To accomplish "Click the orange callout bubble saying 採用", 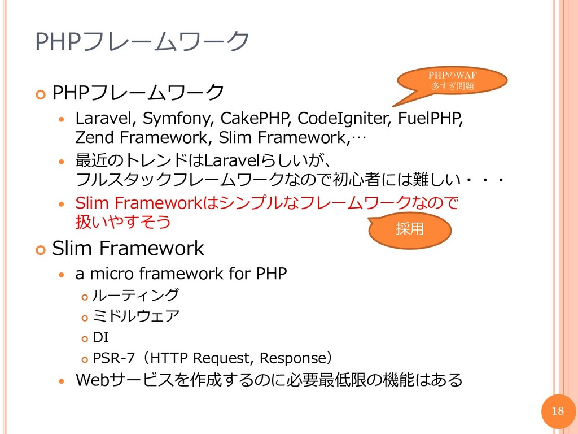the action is tap(410, 229).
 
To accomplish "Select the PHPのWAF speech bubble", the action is tap(452, 80).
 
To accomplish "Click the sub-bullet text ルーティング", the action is tap(135, 295).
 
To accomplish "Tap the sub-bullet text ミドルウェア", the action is tap(135, 316).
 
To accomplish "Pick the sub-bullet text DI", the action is tap(100, 337).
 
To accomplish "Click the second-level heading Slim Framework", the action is tap(128, 248).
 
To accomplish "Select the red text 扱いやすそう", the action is tap(123, 222).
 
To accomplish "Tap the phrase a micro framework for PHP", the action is tap(181, 274).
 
